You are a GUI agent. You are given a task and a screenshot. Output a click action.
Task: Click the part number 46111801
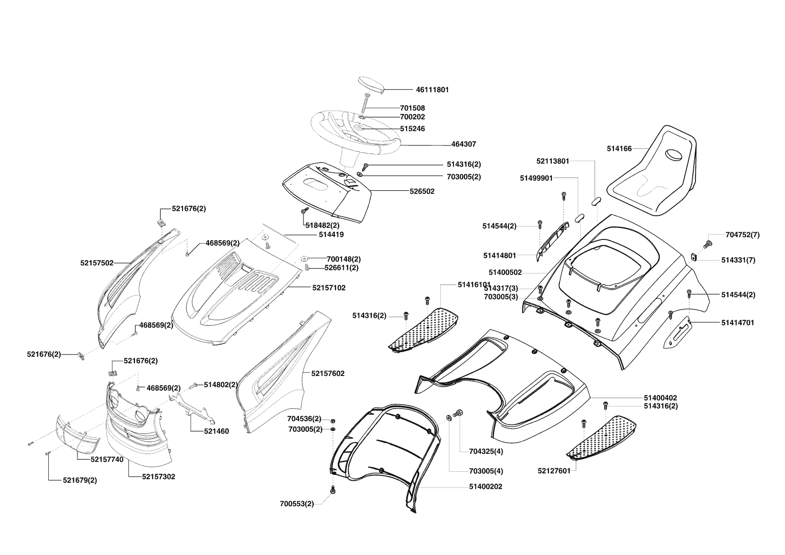click(432, 90)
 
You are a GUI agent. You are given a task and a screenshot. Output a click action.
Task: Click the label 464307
click(464, 145)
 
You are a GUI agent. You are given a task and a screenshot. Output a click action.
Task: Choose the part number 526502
click(422, 191)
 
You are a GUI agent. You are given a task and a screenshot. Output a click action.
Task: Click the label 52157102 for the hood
click(329, 288)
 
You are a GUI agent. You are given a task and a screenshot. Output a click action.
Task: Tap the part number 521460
click(216, 431)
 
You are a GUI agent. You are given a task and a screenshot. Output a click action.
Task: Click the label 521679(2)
click(80, 480)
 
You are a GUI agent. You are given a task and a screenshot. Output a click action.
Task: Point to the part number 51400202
click(486, 487)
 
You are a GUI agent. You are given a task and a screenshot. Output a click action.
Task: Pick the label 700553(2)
click(297, 504)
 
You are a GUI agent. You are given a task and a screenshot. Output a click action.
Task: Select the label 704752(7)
click(742, 235)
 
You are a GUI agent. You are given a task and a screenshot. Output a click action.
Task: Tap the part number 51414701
click(737, 322)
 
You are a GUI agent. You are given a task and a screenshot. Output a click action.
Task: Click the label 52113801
click(553, 161)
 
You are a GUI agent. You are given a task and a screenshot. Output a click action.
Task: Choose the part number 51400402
click(660, 397)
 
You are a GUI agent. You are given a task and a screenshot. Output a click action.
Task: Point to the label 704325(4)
click(486, 452)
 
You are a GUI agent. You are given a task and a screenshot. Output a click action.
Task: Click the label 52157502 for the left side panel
click(97, 263)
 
